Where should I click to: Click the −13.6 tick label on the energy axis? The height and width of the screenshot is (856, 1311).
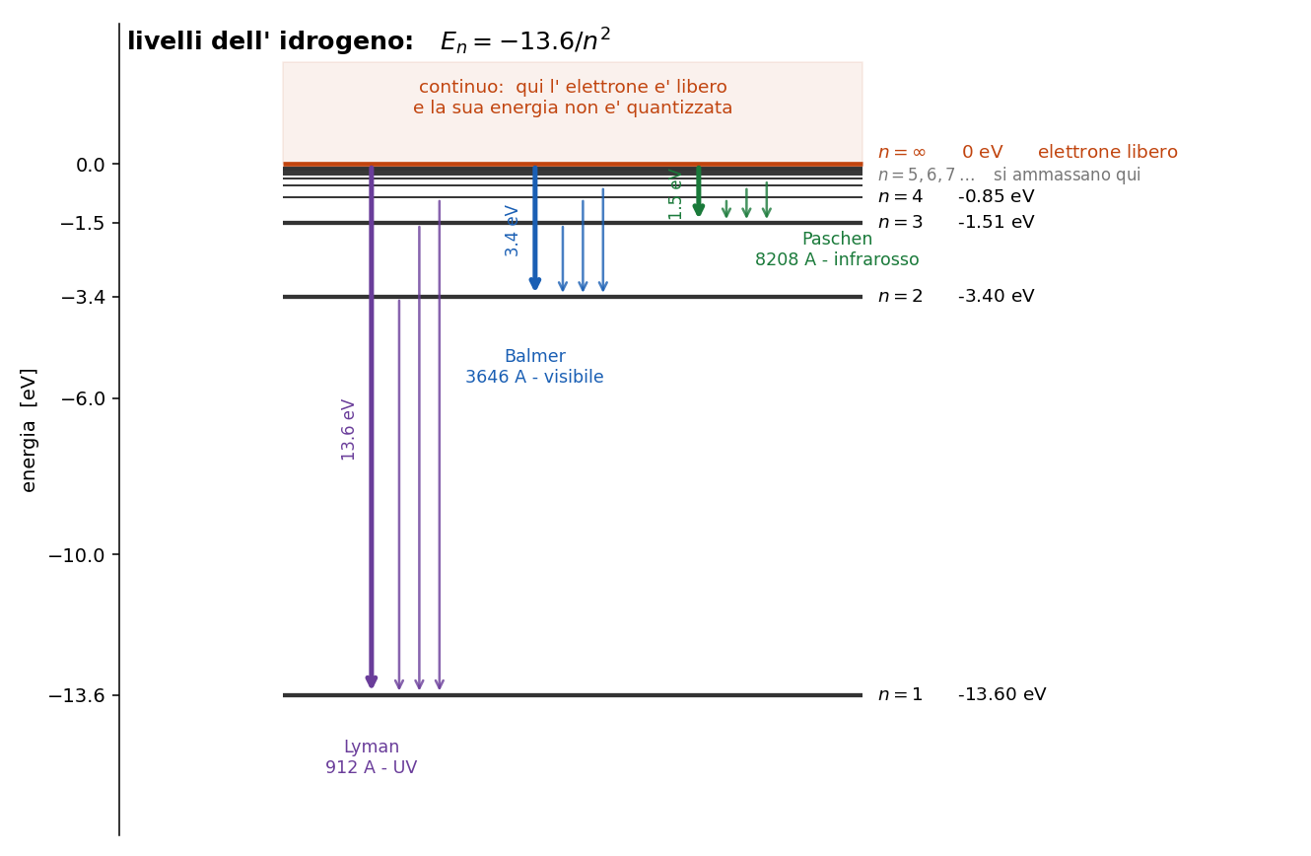point(77,695)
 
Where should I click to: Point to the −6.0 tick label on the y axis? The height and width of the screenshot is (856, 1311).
point(83,398)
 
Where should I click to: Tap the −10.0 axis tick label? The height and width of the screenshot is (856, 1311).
point(77,555)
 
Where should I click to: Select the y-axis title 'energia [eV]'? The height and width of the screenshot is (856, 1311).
point(28,430)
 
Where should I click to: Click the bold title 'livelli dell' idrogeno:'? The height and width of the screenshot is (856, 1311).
point(270,41)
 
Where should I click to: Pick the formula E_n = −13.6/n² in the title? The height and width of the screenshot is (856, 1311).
point(525,40)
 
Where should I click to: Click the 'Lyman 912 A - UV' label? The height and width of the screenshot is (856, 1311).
point(371,756)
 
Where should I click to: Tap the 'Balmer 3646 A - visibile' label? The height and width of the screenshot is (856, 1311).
point(534,366)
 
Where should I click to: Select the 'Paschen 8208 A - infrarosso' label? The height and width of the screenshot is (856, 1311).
point(837,249)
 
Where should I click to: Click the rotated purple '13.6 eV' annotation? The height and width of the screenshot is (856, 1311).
point(348,430)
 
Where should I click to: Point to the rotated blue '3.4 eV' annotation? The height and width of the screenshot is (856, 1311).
point(512,231)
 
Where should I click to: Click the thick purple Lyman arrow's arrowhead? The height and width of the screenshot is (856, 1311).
point(371,681)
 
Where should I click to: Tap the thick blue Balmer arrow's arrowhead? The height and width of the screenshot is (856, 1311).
point(535,283)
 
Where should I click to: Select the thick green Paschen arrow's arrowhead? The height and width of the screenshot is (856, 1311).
point(698,210)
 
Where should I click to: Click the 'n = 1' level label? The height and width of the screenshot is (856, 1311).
point(900,694)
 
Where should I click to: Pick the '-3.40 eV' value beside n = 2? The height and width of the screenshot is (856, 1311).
point(997,296)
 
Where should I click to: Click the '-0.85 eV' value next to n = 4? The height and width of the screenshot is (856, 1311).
point(997,196)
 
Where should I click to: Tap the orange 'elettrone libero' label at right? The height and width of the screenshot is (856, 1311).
point(1107,152)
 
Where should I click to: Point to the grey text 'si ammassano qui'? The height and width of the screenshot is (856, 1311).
point(1067,175)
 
